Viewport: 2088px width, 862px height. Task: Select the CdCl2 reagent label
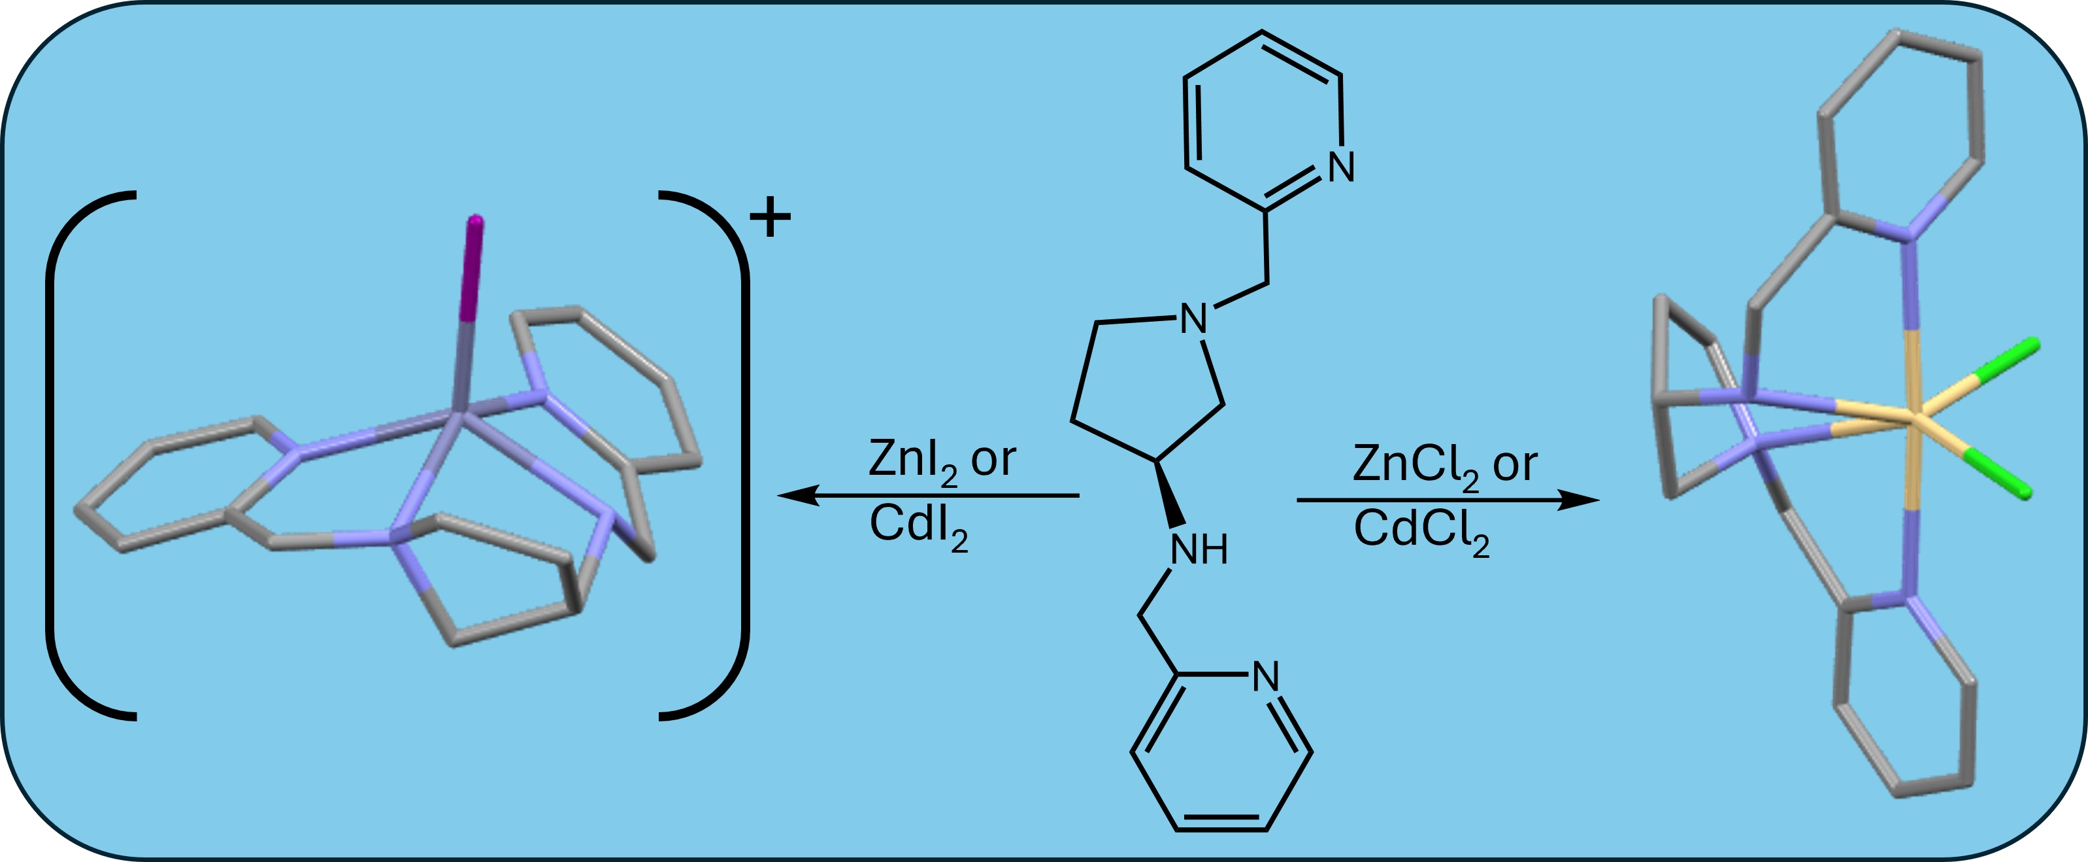coord(1421,532)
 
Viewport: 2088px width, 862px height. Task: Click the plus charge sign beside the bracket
coord(769,217)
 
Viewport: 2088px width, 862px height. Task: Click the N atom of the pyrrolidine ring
coord(1193,319)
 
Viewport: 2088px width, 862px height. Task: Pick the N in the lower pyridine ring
coord(1266,676)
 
